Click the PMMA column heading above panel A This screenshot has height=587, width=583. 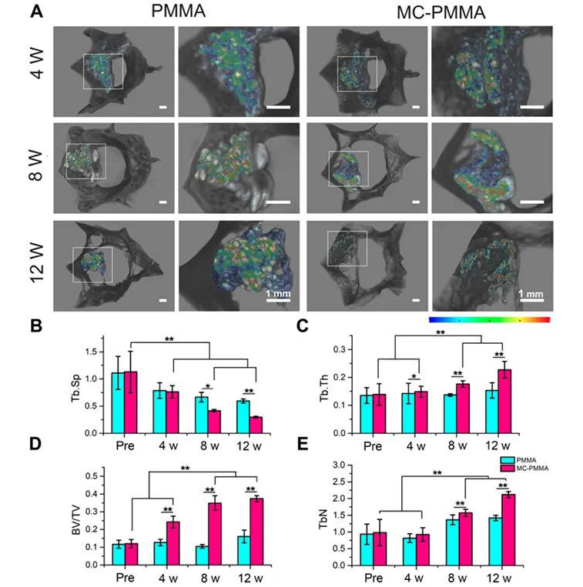point(176,12)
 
